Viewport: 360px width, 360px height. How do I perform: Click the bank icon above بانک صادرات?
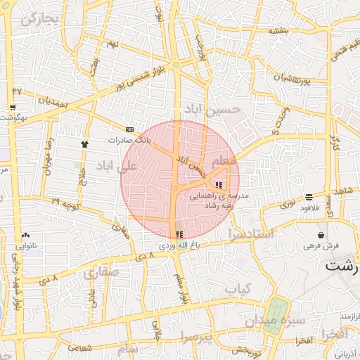pos(129,130)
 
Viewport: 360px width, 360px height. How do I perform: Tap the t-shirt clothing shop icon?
pos(85,143)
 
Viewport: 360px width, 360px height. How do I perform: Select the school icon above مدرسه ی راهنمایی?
pos(219,185)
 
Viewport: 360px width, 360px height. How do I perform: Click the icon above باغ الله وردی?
pos(177,234)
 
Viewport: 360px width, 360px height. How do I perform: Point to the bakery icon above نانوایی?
pos(26,236)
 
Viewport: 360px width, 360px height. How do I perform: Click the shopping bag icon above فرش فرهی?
pos(321,235)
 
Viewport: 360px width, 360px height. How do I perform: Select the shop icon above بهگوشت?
pos(13,108)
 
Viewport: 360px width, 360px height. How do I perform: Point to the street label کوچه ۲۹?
pos(65,203)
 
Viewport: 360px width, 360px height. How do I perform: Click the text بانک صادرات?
pos(129,140)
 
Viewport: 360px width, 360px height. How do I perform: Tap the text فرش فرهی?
pos(321,246)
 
